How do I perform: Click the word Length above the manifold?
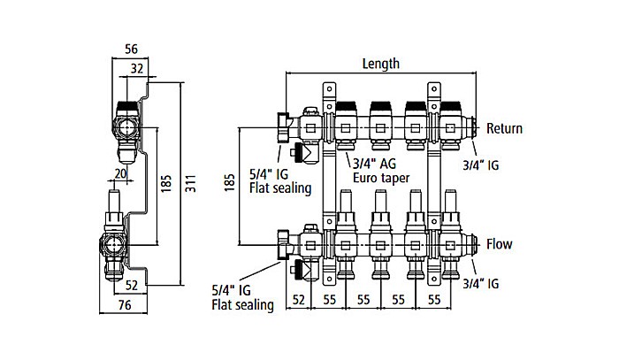click(x=381, y=64)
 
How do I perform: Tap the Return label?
click(x=504, y=128)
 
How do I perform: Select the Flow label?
click(x=499, y=244)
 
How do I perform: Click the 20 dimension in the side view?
click(x=119, y=173)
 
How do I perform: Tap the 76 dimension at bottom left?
click(x=125, y=306)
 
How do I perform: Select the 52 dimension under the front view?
click(x=299, y=301)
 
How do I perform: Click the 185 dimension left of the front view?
click(x=229, y=185)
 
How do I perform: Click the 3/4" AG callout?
click(x=377, y=164)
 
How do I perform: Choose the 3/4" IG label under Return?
click(x=482, y=164)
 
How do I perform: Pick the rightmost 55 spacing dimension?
click(x=433, y=301)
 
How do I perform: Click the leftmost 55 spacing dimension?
click(x=330, y=301)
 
